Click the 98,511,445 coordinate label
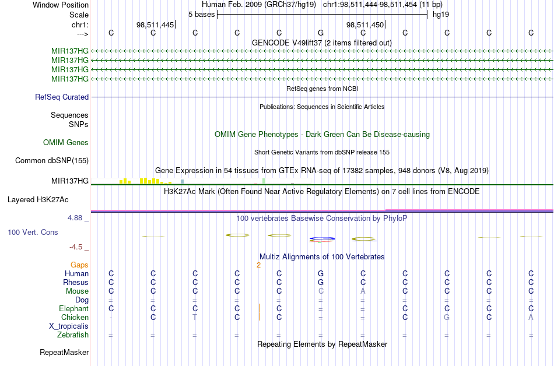[155, 24]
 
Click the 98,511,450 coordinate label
[364, 24]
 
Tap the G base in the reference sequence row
[321, 33]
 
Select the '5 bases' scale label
[201, 14]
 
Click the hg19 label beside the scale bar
[440, 14]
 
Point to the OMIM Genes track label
[66, 142]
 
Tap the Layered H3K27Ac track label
[38, 199]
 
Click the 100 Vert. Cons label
[33, 232]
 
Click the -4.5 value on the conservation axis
[79, 247]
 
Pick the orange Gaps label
[79, 265]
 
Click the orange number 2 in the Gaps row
[258, 265]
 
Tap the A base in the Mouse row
[363, 291]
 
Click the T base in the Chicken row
[195, 317]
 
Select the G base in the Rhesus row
[321, 282]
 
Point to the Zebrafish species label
[73, 335]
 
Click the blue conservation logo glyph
[322, 238]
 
